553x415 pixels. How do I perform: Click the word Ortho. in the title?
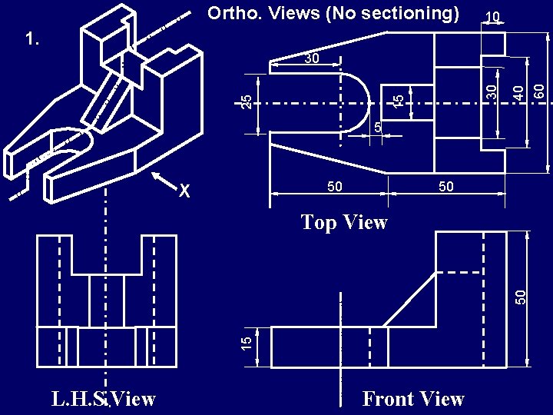click(235, 13)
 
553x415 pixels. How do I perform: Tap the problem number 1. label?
click(33, 39)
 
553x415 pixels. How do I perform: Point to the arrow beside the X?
click(164, 180)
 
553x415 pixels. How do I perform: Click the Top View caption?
click(344, 223)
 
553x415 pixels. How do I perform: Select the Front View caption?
click(413, 399)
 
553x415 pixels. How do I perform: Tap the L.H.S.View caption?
click(104, 399)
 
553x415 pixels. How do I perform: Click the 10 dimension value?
click(493, 16)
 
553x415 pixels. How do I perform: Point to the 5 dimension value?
click(377, 125)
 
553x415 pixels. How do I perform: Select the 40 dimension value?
click(519, 91)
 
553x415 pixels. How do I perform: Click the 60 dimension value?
click(540, 91)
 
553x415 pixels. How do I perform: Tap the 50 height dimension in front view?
click(520, 295)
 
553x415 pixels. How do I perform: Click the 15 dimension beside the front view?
click(246, 344)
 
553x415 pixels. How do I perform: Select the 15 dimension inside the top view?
click(399, 101)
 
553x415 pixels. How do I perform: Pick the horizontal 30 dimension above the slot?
click(310, 58)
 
